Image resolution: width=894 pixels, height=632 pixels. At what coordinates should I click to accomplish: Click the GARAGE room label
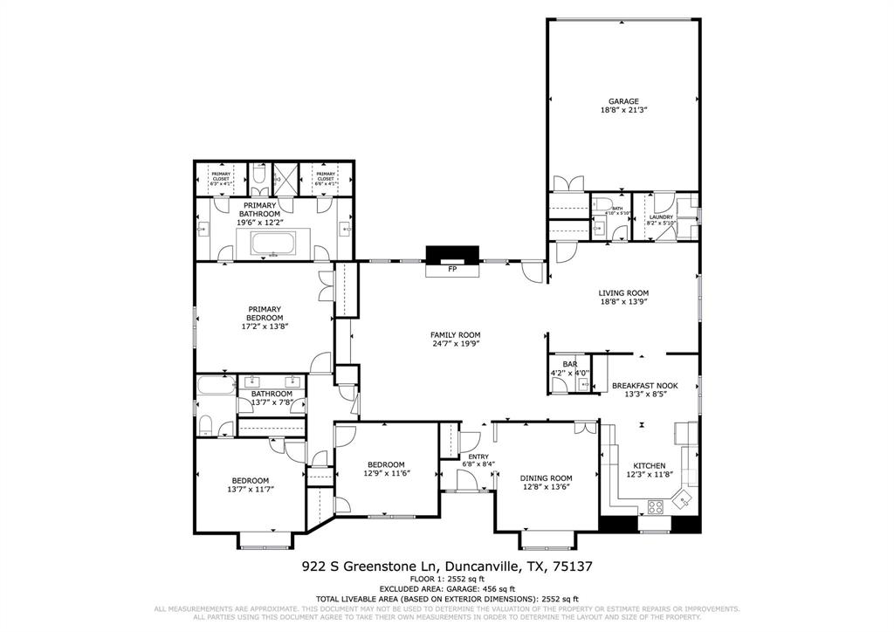pos(623,101)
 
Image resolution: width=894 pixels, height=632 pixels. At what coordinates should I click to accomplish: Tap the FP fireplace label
pos(452,270)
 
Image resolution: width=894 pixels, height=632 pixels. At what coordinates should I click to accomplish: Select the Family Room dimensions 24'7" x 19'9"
pos(455,344)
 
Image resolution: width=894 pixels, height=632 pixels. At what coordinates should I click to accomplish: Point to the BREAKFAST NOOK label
pos(645,385)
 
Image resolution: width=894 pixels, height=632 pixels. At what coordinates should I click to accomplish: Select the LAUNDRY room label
pos(661,217)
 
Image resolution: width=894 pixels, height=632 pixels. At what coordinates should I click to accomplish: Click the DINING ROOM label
pos(546,477)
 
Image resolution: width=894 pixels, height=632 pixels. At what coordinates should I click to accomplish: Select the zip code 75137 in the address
pos(570,567)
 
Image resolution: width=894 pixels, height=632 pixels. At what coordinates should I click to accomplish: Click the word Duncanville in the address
pos(476,567)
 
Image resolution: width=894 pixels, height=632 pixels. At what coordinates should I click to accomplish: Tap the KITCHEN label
pos(650,465)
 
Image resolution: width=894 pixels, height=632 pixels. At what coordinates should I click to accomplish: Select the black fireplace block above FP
pos(452,254)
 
